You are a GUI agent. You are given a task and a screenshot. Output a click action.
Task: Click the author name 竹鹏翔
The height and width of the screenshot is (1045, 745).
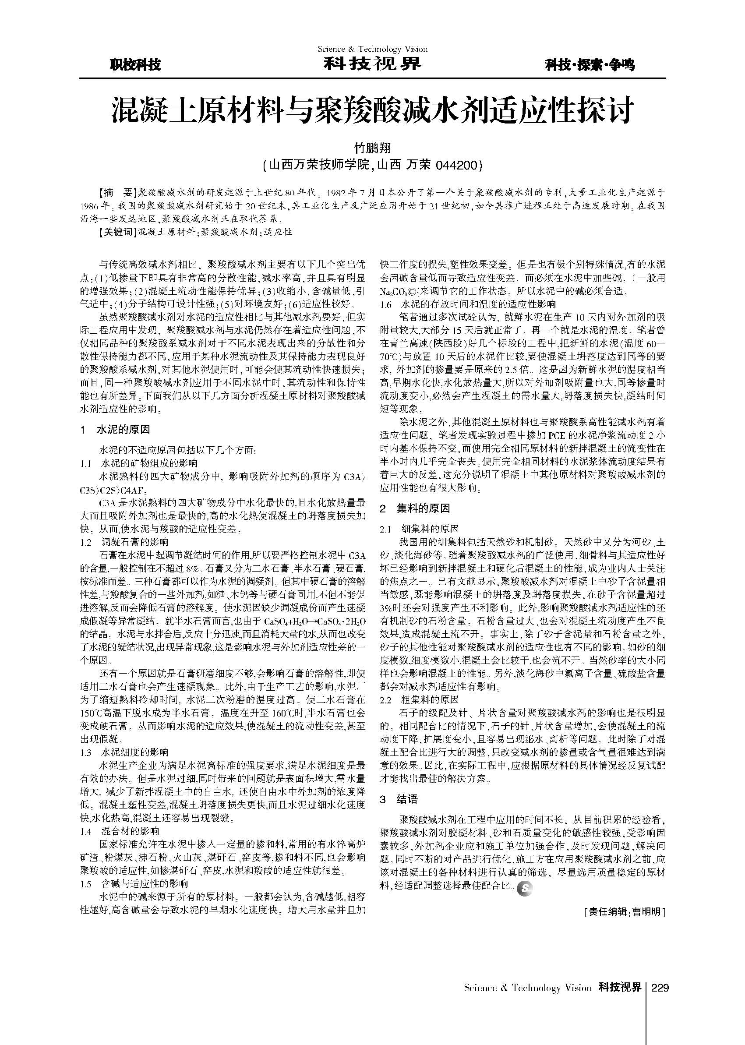coord(372,148)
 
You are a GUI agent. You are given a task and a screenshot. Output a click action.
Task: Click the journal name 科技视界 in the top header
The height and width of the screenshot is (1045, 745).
coord(372,64)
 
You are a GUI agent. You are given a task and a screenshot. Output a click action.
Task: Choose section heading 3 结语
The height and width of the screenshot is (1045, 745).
coord(399,800)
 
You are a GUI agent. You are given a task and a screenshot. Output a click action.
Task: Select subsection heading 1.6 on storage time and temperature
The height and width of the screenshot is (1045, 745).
coord(468,304)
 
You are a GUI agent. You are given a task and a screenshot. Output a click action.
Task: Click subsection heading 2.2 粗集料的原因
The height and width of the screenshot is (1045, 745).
coord(419,699)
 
